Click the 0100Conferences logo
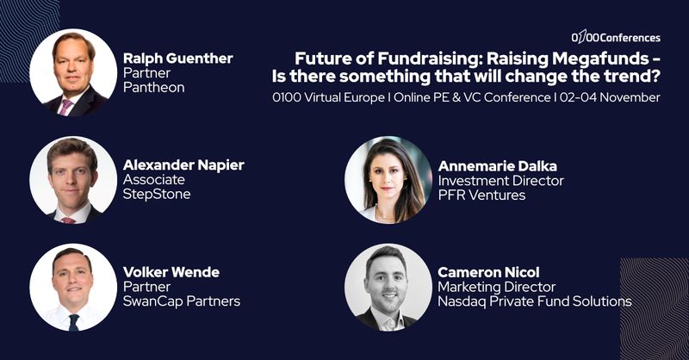pyautogui.click(x=616, y=37)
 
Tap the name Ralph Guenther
pyautogui.click(x=178, y=58)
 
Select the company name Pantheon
pyautogui.click(x=154, y=88)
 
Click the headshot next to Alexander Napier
pyautogui.click(x=73, y=180)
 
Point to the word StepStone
pyautogui.click(x=157, y=195)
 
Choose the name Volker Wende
pyautogui.click(x=171, y=272)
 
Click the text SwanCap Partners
pyautogui.click(x=182, y=301)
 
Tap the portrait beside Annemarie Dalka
pyautogui.click(x=388, y=180)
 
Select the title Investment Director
pyautogui.click(x=501, y=181)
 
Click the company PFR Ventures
pyautogui.click(x=481, y=196)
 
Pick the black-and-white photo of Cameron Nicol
pyautogui.click(x=388, y=288)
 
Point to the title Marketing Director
pyautogui.click(x=497, y=287)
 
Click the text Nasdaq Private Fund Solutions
pyautogui.click(x=535, y=301)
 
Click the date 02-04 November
pyautogui.click(x=610, y=97)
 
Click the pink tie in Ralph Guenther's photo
pyautogui.click(x=65, y=107)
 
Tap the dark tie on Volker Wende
pyautogui.click(x=73, y=322)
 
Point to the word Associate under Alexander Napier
pyautogui.click(x=154, y=179)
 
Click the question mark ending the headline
pyautogui.click(x=655, y=76)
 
